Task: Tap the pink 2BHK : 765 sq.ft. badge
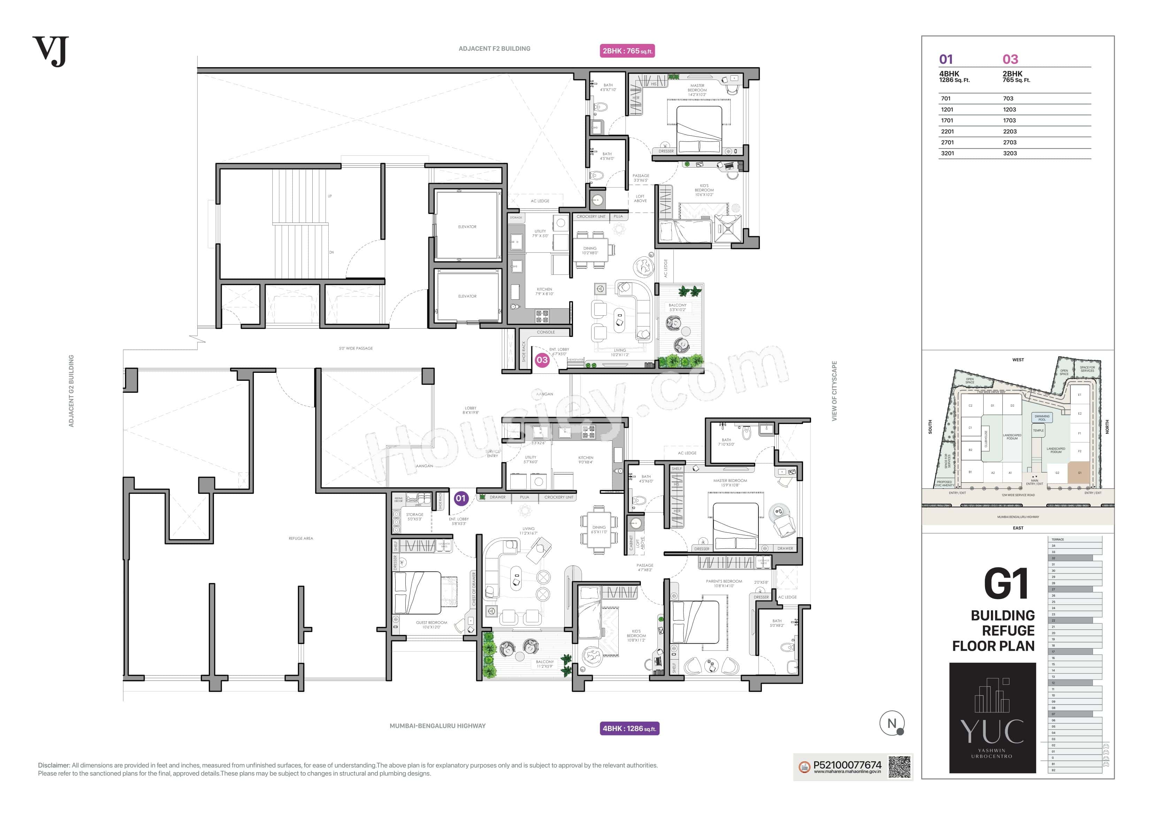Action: tap(627, 51)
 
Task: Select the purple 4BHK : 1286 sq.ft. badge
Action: tap(629, 729)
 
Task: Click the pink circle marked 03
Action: tap(542, 360)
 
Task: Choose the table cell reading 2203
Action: tap(1009, 132)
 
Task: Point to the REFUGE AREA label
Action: tap(300, 538)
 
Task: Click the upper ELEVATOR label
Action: tap(467, 227)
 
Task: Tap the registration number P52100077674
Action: tap(847, 765)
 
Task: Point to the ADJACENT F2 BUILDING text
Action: tap(494, 49)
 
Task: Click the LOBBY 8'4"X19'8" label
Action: tap(471, 410)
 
